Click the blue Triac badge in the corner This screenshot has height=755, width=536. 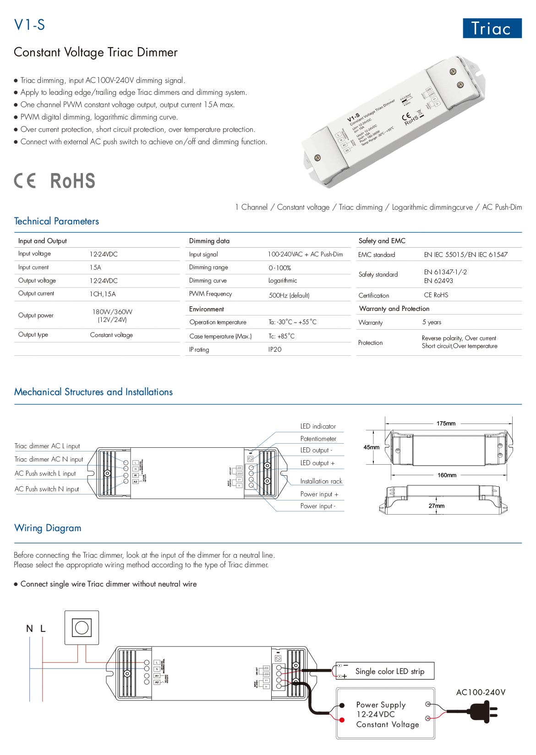point(492,28)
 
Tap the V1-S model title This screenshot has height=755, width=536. point(30,25)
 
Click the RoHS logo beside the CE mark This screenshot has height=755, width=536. point(72,181)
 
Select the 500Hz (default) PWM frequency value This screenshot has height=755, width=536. point(289,295)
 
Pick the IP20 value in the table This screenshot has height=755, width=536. point(275,349)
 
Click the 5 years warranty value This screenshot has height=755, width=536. point(432,322)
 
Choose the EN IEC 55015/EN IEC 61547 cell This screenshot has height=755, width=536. point(465,255)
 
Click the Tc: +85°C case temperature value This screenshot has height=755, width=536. point(281,336)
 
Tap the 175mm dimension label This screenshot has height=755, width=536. point(446,424)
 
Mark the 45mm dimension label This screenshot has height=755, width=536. point(371,447)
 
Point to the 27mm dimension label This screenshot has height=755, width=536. point(436,506)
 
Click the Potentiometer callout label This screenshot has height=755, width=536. point(318,439)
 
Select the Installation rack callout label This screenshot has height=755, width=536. point(321,481)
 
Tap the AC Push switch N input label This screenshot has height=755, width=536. point(47,489)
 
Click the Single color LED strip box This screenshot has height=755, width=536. point(389,671)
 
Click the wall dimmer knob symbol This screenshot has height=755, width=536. point(82,627)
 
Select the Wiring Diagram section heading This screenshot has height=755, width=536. point(48,528)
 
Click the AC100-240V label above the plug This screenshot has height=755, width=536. point(481,692)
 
